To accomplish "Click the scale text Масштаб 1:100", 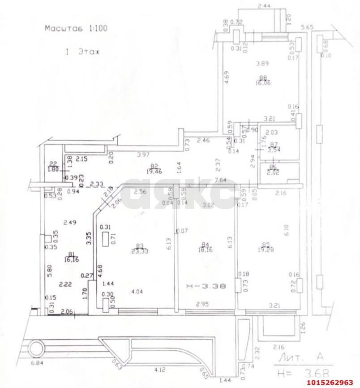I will tap(75, 28).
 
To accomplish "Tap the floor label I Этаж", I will tap(83, 52).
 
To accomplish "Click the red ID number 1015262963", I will tap(330, 382).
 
